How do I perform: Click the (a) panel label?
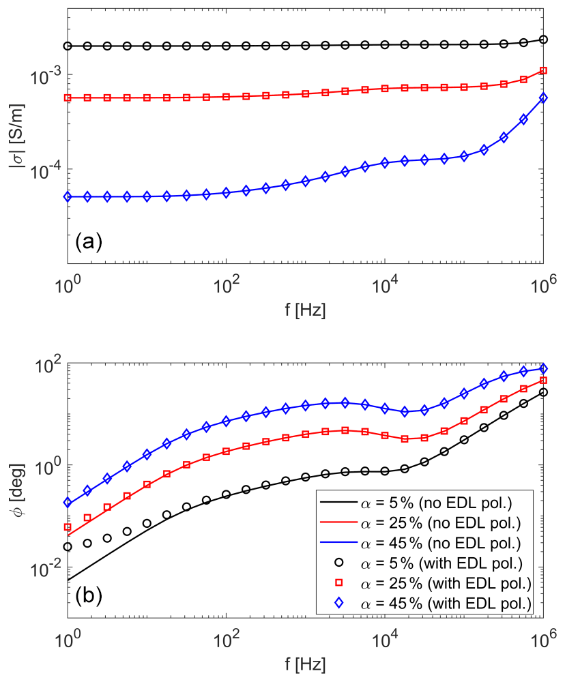89,241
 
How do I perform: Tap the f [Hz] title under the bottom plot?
305,662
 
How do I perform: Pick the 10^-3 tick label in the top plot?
48,74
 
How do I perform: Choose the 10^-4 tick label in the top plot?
48,169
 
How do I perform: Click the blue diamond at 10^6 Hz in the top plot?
543,98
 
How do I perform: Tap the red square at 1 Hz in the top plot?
67,98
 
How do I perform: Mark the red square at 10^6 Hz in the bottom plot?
543,381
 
